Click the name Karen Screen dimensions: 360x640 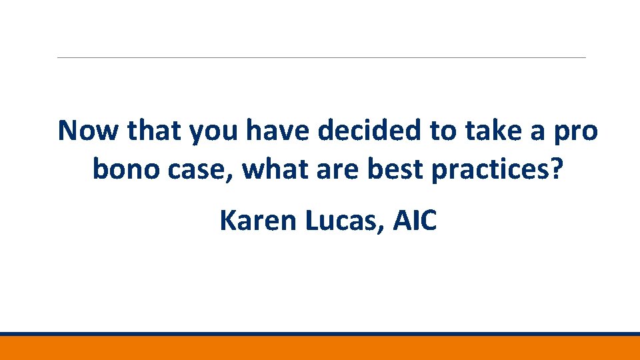(259, 221)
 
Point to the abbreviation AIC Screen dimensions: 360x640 (415, 221)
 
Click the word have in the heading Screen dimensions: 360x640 (279, 131)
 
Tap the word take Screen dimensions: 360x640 (487, 131)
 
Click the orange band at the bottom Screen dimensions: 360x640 (320, 348)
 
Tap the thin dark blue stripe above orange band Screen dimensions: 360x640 (320, 334)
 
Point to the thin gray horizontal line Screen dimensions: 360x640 (320, 57)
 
